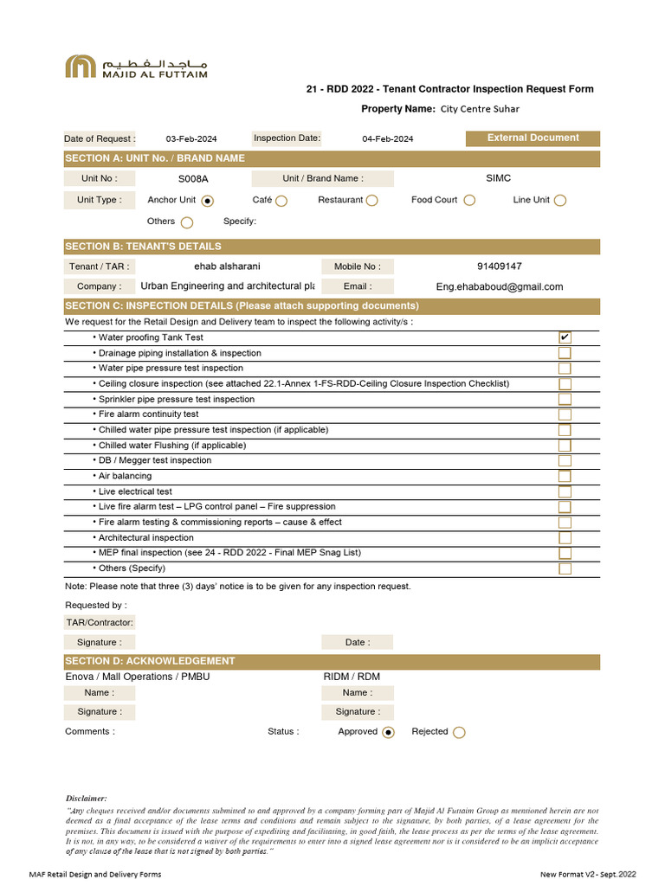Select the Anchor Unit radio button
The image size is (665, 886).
click(207, 201)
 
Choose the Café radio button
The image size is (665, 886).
click(281, 201)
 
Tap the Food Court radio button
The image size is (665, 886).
click(469, 200)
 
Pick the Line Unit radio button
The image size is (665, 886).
click(560, 201)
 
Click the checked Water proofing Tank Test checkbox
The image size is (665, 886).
click(565, 337)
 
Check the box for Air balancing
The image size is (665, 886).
click(565, 476)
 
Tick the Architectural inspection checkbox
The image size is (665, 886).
click(565, 537)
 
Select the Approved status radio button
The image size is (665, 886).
click(388, 732)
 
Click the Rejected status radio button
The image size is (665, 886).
click(459, 732)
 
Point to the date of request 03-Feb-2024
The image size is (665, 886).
click(191, 139)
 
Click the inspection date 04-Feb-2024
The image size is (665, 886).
click(387, 139)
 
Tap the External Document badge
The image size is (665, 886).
click(533, 138)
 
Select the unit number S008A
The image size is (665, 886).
click(193, 179)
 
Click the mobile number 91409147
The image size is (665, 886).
click(499, 266)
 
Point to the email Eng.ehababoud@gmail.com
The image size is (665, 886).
click(499, 286)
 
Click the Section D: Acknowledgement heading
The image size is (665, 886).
click(150, 661)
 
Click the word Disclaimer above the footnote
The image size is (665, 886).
click(87, 798)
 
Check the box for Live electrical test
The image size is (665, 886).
click(565, 491)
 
